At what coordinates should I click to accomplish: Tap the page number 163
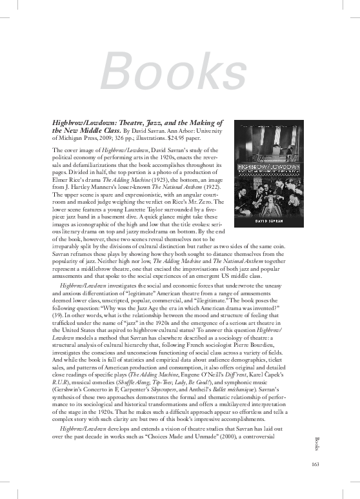(312, 465)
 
